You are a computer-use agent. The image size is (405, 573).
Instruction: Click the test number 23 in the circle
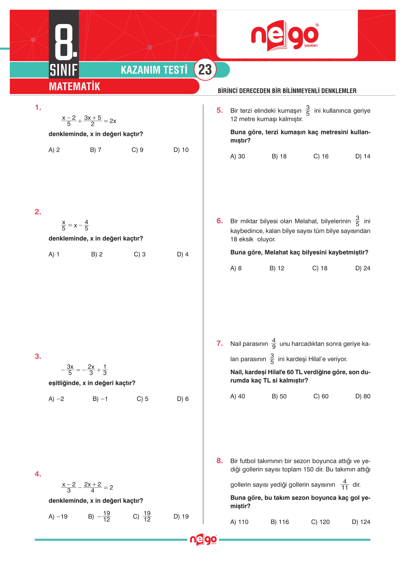coord(205,69)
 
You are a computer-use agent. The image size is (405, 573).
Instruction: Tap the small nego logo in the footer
coord(203,540)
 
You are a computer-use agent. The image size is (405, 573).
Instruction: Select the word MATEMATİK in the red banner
coord(74,87)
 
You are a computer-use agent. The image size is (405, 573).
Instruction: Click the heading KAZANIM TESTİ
coord(154,70)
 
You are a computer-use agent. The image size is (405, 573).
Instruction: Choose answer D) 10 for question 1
coord(181,150)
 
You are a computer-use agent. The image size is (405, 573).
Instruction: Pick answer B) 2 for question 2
coord(97,254)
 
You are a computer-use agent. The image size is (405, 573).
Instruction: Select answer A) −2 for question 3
coord(56,399)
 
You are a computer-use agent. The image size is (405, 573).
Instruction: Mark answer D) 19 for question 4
coord(181,517)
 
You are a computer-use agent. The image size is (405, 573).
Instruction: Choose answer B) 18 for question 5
coord(279,156)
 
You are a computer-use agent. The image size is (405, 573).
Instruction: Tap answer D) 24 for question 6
coord(363,268)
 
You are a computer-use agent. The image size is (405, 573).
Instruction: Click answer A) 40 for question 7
coord(237,396)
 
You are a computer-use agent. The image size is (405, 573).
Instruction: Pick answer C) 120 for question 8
coord(320,522)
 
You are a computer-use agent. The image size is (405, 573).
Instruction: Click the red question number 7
coord(220,344)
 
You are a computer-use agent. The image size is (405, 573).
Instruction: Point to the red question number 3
coord(38,356)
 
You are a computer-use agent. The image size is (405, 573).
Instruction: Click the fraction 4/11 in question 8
coord(345,484)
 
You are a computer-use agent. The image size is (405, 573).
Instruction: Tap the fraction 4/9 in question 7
coord(274,343)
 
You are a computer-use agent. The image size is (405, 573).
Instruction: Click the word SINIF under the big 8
coord(64,70)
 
